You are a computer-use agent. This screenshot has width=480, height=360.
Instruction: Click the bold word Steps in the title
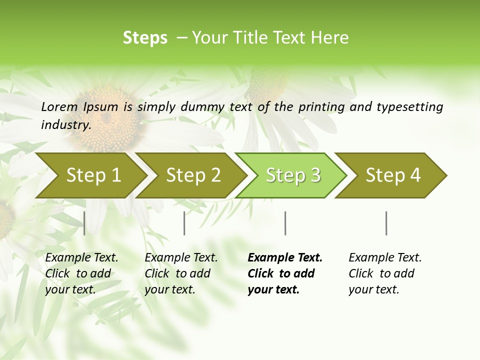pyautogui.click(x=145, y=38)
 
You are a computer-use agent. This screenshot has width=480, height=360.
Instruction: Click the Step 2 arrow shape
pyautogui.click(x=193, y=175)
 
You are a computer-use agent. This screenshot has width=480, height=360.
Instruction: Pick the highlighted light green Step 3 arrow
pyautogui.click(x=293, y=175)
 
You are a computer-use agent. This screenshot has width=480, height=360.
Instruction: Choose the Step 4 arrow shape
pyautogui.click(x=393, y=175)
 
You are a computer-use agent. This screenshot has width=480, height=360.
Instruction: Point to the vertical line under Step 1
pyautogui.click(x=84, y=223)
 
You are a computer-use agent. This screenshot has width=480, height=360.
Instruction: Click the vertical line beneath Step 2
pyautogui.click(x=184, y=223)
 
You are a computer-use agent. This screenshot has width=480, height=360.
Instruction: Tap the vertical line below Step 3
pyautogui.click(x=285, y=223)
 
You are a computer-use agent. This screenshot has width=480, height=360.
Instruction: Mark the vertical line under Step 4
pyautogui.click(x=386, y=223)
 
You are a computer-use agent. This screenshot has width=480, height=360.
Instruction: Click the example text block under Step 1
pyautogui.click(x=81, y=273)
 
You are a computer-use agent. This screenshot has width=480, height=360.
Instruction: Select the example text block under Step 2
pyautogui.click(x=181, y=273)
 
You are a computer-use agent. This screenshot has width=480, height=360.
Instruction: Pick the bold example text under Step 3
pyautogui.click(x=285, y=273)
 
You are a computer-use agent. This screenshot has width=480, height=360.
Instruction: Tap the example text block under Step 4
pyautogui.click(x=385, y=273)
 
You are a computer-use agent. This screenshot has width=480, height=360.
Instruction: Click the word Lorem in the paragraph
pyautogui.click(x=59, y=107)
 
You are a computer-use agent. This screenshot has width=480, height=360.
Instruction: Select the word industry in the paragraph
pyautogui.click(x=65, y=125)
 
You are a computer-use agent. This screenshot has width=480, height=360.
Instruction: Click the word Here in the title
pyautogui.click(x=329, y=38)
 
